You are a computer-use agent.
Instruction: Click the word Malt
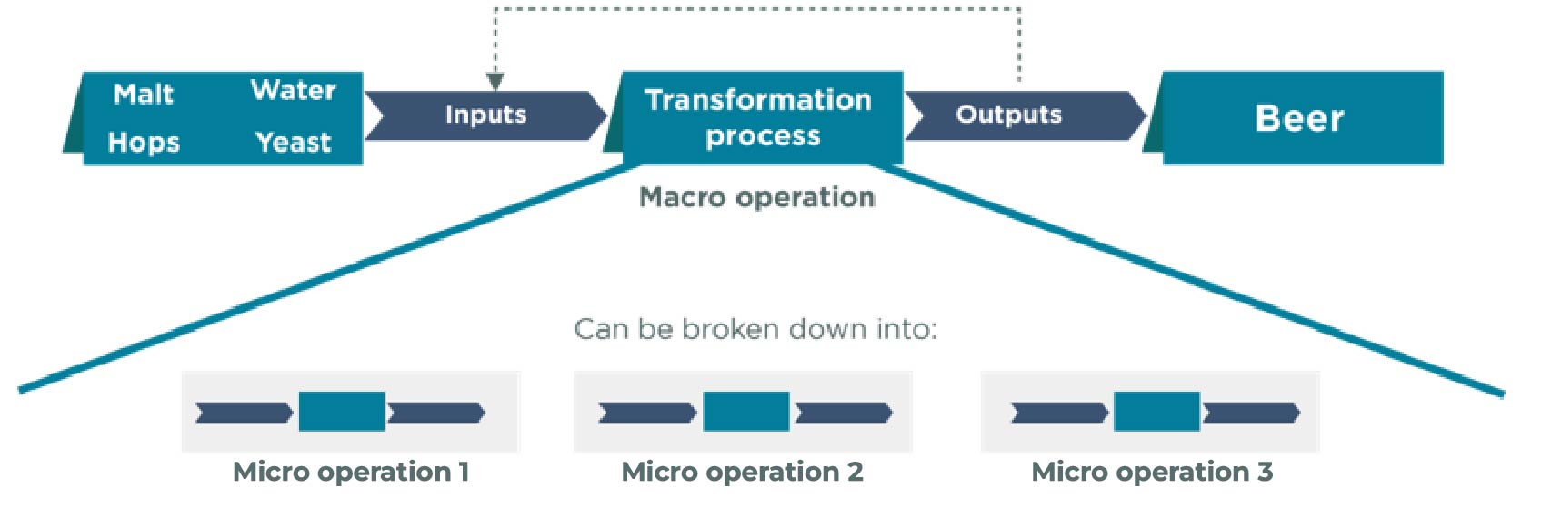click(x=144, y=94)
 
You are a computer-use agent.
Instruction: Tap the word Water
click(x=294, y=90)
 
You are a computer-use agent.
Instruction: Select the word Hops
click(x=144, y=143)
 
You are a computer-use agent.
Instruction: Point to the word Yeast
click(x=294, y=143)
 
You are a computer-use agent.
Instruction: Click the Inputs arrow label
click(x=486, y=115)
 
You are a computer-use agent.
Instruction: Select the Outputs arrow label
click(x=1009, y=115)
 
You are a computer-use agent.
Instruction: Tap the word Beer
click(x=1300, y=118)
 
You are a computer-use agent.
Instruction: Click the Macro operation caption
click(x=756, y=197)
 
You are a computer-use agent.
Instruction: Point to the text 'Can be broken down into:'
click(x=755, y=329)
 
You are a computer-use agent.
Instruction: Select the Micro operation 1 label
click(x=351, y=472)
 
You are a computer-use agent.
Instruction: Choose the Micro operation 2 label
click(x=742, y=472)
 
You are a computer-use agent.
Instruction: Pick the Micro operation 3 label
click(x=1152, y=472)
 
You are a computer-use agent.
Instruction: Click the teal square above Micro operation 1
click(x=342, y=412)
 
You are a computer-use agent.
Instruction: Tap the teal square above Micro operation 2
click(x=746, y=412)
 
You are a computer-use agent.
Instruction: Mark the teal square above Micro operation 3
click(x=1157, y=412)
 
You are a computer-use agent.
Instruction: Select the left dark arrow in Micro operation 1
click(x=245, y=413)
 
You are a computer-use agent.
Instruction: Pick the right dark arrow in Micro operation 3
click(x=1251, y=413)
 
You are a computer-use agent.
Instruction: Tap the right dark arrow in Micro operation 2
click(x=844, y=413)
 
